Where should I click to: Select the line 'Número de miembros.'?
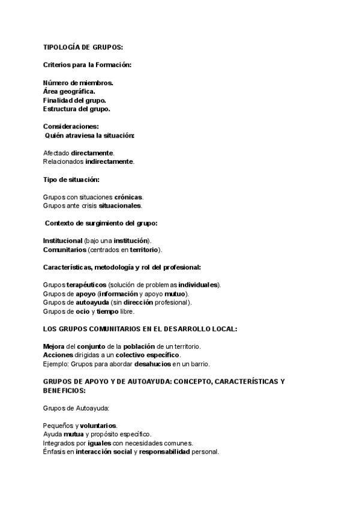(x=78, y=83)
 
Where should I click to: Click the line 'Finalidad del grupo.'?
(x=75, y=100)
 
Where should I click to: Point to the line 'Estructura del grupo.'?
(x=77, y=109)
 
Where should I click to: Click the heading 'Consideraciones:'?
(x=71, y=127)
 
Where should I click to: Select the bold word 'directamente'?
(x=92, y=153)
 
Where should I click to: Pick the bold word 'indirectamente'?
(x=109, y=161)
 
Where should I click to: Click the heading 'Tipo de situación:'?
(x=71, y=179)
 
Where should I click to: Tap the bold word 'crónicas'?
(x=128, y=197)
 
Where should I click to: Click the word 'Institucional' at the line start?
(x=63, y=241)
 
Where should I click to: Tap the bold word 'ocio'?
(x=82, y=312)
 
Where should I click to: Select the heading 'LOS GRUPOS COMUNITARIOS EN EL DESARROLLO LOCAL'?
(x=140, y=329)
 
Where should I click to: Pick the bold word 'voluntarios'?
(x=98, y=426)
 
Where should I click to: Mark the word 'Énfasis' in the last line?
(x=54, y=452)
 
